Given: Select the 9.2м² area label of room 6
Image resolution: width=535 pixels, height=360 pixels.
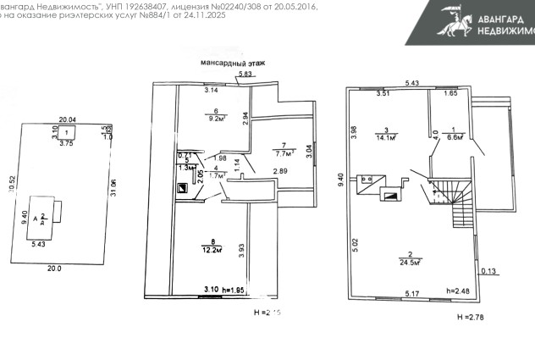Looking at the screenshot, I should [x=216, y=119].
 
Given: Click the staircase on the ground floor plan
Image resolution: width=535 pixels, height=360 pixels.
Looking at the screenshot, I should [x=447, y=197].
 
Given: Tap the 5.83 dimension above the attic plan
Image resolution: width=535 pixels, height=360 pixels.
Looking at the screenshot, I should [x=245, y=75].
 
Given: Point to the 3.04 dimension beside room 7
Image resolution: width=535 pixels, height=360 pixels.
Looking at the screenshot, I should [x=308, y=152].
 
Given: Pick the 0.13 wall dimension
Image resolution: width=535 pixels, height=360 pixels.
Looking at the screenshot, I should [x=488, y=271].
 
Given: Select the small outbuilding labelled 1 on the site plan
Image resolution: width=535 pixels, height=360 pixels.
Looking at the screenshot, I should [x=67, y=133].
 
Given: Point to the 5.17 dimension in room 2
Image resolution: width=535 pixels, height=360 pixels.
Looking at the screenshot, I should [x=412, y=293].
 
